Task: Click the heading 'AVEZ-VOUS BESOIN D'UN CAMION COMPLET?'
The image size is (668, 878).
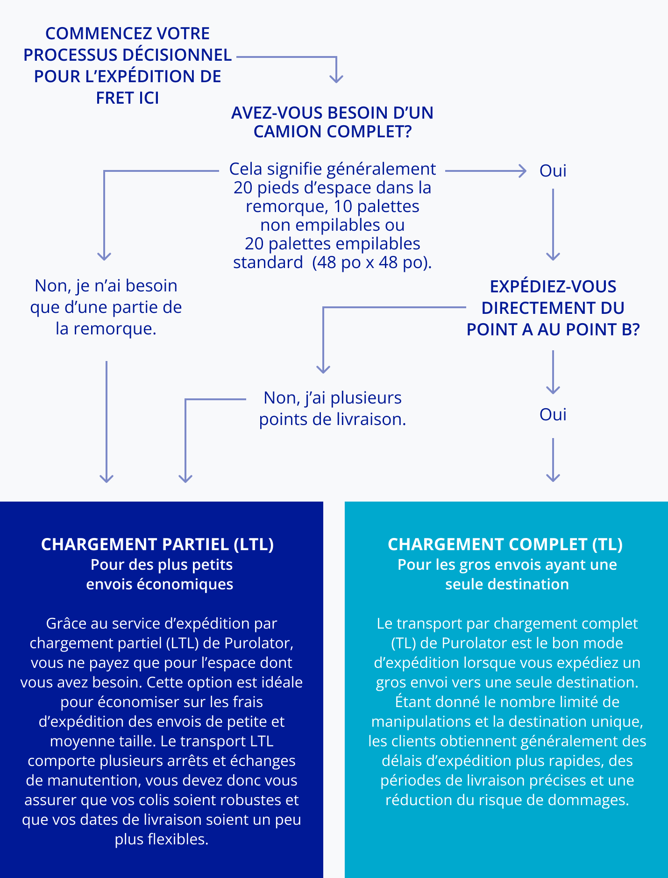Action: pos(332,122)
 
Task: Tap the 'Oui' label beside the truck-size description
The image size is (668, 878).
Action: pos(553,171)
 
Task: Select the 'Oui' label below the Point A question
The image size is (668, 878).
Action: pos(553,415)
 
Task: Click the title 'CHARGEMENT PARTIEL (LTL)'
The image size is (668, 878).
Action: pos(157,545)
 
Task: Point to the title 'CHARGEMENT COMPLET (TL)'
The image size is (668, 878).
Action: pos(505,545)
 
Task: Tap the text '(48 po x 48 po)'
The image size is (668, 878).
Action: pos(372,262)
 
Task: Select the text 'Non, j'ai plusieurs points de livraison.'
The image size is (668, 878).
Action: pos(332,409)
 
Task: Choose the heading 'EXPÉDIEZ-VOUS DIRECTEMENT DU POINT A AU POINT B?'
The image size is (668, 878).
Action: pos(553,308)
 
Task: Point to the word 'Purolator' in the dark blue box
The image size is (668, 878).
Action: pos(259,643)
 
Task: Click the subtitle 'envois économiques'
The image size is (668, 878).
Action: pos(159,584)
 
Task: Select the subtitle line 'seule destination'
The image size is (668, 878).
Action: pos(507,584)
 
